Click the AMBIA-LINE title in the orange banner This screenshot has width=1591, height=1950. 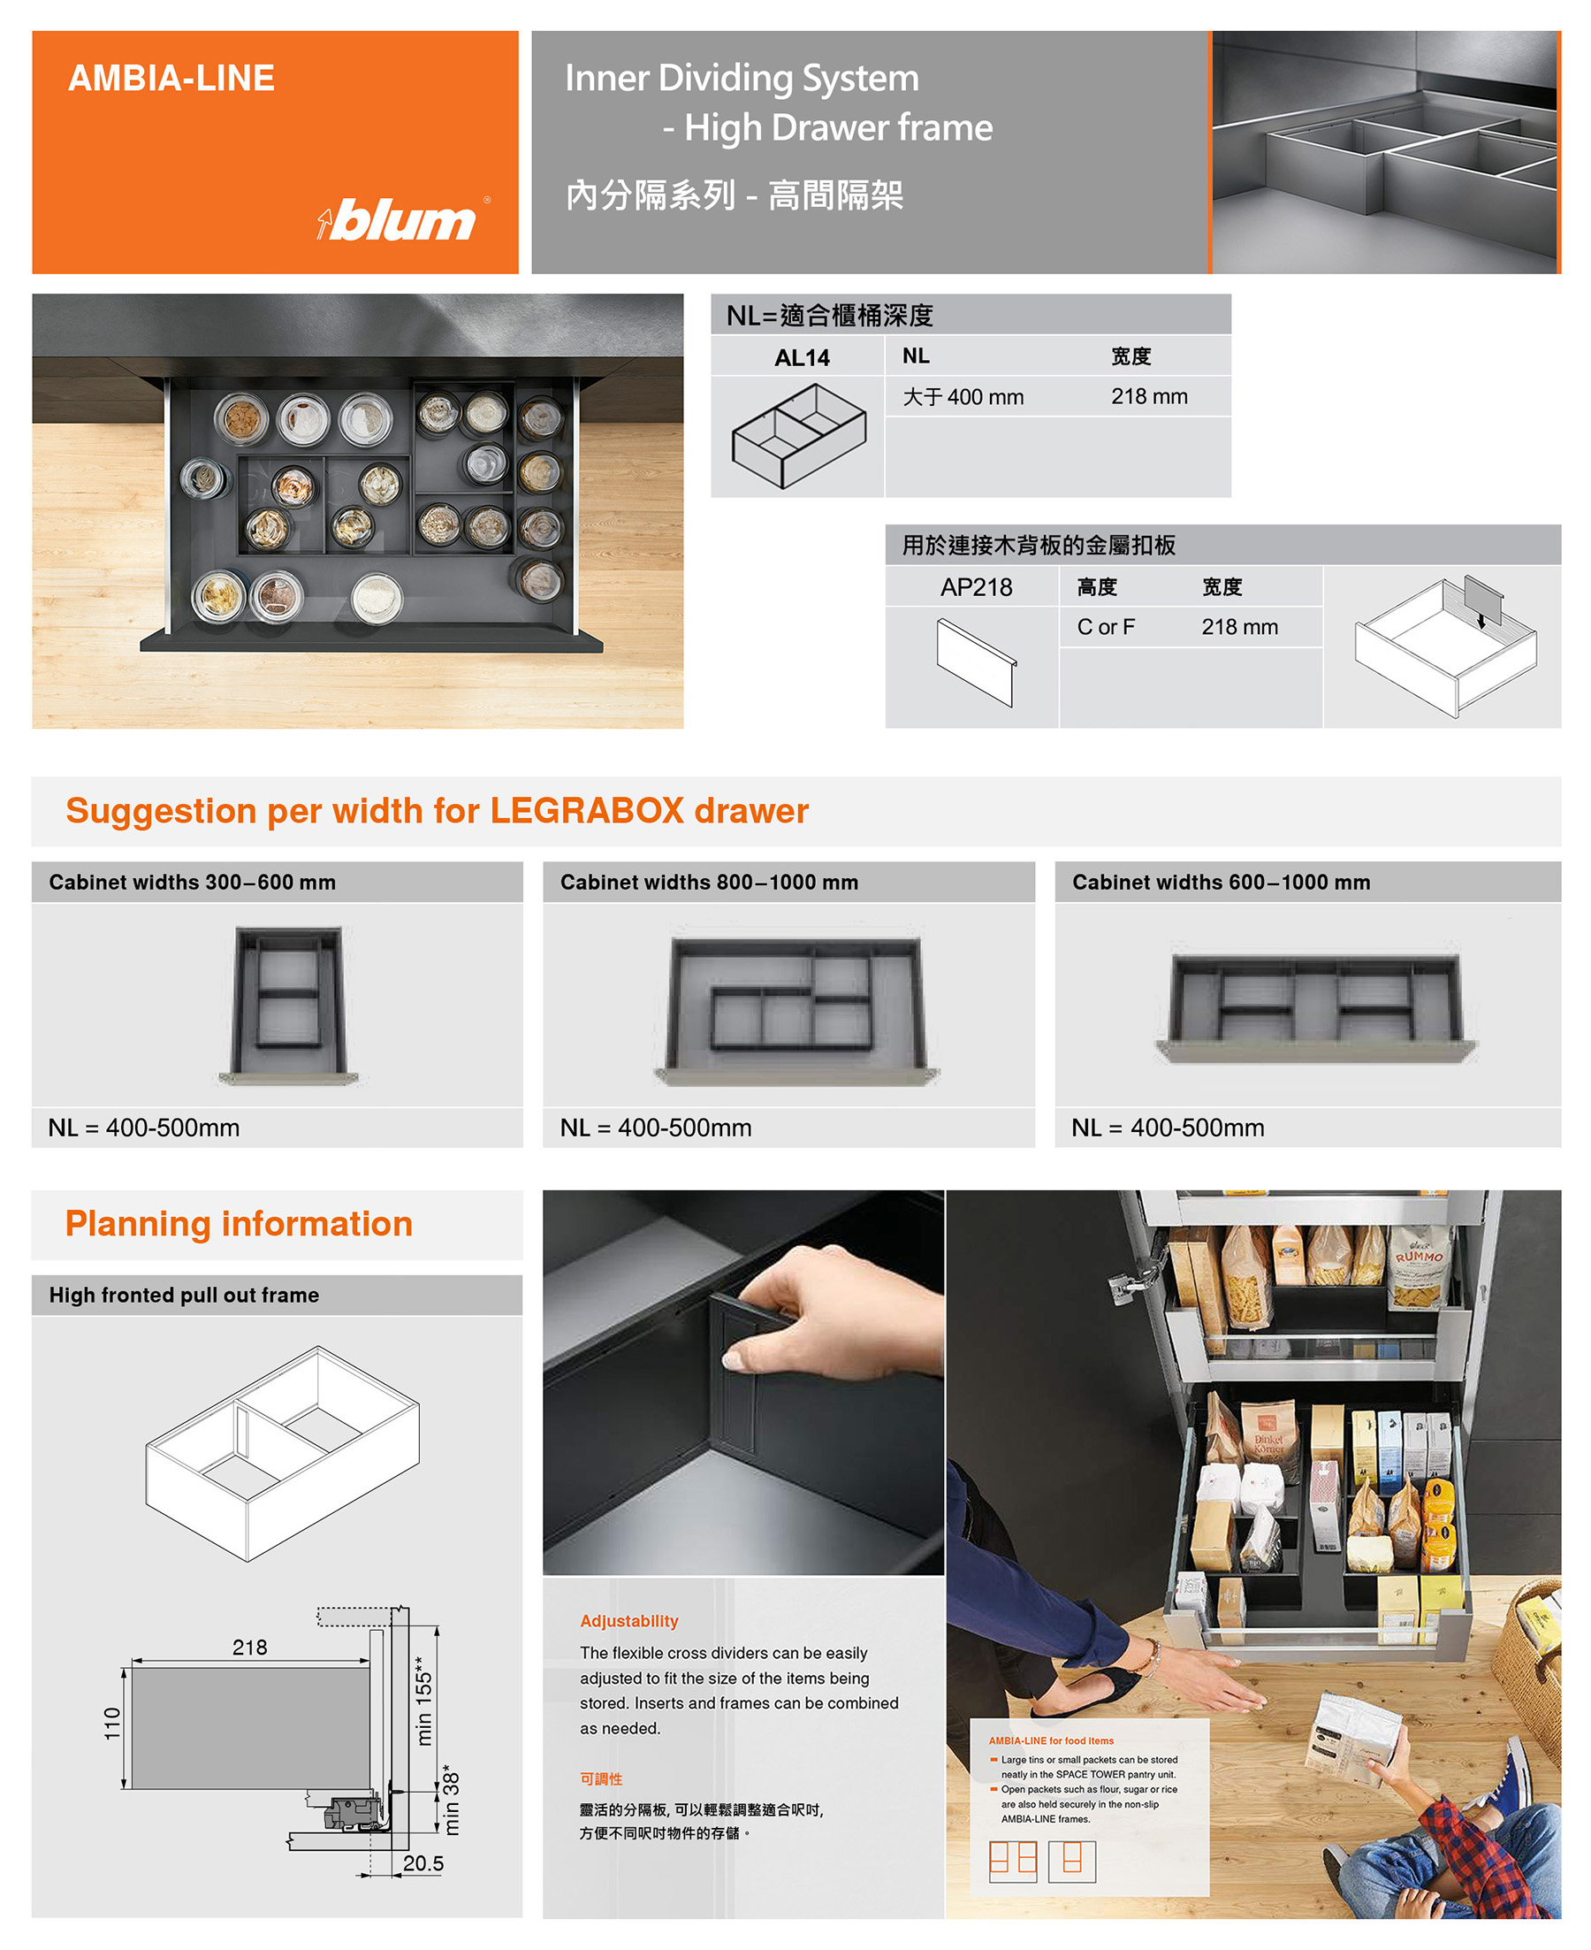coord(171,78)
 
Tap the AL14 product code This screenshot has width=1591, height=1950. coord(802,357)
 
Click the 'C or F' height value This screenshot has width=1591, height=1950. coord(1105,627)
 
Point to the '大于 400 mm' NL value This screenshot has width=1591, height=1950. coord(963,397)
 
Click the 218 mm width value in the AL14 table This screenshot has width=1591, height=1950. coord(1149,396)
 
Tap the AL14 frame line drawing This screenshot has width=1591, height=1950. coord(799,435)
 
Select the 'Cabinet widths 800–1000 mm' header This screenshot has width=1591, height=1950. coord(710,882)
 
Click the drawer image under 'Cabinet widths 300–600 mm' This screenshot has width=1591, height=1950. coord(289,1006)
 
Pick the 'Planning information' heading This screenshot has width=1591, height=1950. coord(240,1224)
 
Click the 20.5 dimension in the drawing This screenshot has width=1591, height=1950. coord(423,1863)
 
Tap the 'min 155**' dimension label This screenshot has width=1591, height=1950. coord(423,1701)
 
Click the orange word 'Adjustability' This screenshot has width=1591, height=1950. coord(628,1621)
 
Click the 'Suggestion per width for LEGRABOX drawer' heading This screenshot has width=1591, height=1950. coord(438,811)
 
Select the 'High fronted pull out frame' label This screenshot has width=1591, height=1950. coord(184,1295)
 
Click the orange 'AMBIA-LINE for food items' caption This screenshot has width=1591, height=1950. coord(1051,1741)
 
